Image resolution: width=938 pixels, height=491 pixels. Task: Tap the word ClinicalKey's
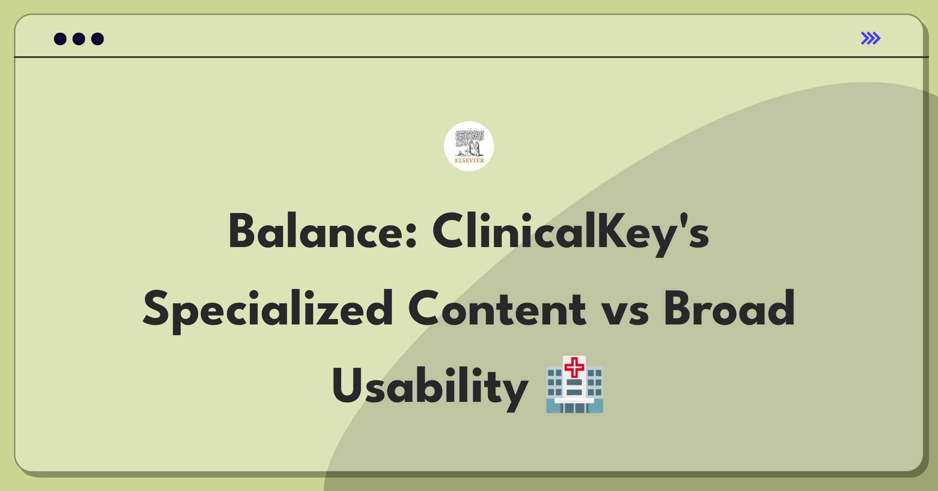click(x=571, y=233)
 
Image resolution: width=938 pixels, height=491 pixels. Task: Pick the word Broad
click(x=729, y=308)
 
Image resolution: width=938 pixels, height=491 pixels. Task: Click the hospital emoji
click(x=575, y=384)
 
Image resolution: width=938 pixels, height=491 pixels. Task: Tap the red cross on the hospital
click(x=575, y=368)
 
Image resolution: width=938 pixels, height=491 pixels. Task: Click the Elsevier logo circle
click(x=469, y=146)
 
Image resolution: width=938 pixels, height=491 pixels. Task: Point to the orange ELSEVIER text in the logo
click(x=469, y=160)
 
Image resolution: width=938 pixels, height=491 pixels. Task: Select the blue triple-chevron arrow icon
click(x=871, y=38)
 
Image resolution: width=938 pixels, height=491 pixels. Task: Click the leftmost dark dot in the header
click(x=60, y=39)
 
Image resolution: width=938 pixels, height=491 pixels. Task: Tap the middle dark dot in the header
click(x=79, y=39)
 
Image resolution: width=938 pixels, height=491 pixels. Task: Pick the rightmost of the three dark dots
click(x=98, y=39)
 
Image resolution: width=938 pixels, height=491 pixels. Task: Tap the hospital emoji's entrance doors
click(x=575, y=408)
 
